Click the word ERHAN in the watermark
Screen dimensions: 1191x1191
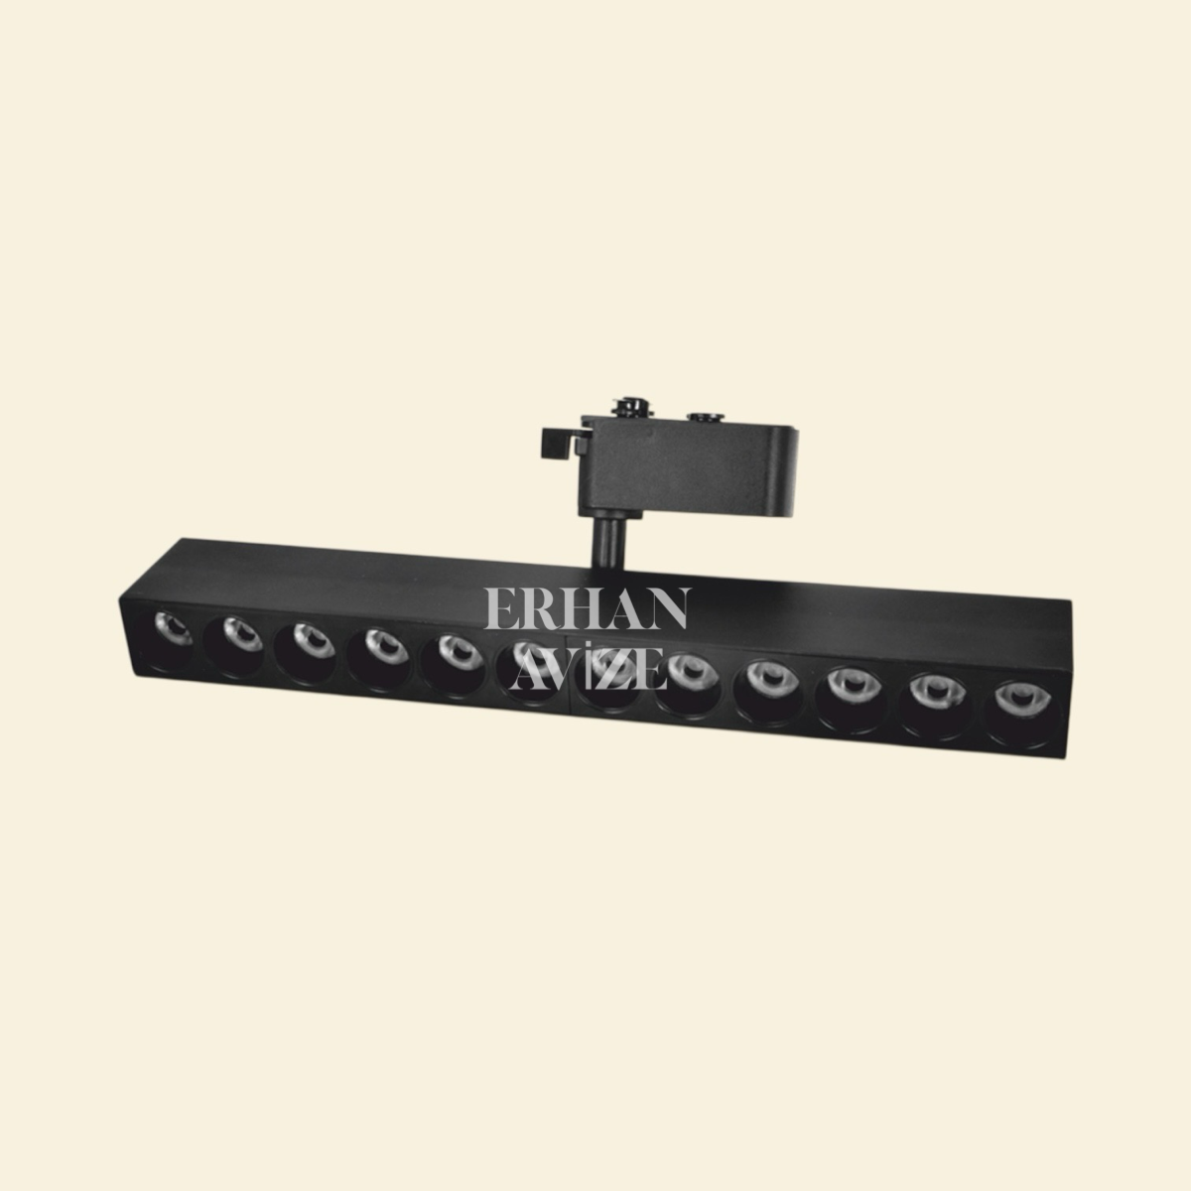[586, 609]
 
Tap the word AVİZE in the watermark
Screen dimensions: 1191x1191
[586, 672]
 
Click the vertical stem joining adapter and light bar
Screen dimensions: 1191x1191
[605, 536]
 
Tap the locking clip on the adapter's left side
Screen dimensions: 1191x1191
[558, 442]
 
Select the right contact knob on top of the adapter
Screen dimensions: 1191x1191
[707, 419]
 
